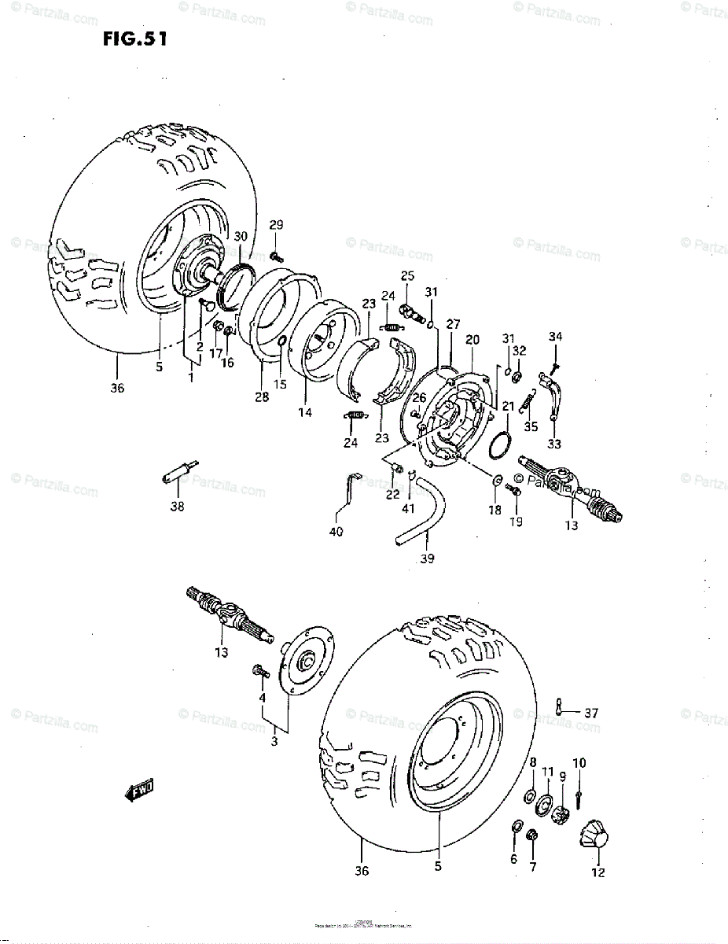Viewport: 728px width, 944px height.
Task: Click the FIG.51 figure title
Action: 134,39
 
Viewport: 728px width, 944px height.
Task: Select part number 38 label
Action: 178,507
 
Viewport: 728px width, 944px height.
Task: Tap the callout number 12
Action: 598,872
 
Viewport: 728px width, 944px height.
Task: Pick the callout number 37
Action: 591,714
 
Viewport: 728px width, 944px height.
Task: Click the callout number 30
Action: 241,235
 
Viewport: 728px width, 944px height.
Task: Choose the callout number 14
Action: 304,411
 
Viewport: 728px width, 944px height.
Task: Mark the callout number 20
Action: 472,340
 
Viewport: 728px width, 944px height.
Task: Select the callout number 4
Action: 262,697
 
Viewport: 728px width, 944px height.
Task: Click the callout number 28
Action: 262,397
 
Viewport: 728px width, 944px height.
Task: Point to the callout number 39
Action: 428,559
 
